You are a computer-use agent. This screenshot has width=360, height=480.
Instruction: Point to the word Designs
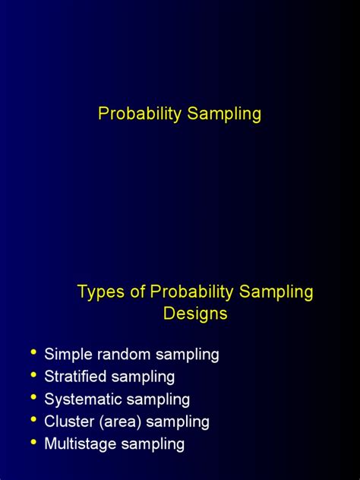pos(195,313)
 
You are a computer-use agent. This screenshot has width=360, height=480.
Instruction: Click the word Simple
pos(65,354)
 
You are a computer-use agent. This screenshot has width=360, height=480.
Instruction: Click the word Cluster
pos(68,421)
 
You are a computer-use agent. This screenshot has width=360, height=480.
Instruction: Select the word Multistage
pos(80,444)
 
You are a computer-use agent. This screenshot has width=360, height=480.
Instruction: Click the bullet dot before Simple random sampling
pos(33,353)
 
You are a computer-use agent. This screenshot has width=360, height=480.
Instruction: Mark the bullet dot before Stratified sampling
pos(33,375)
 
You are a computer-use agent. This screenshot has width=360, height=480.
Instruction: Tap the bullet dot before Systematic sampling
pos(33,398)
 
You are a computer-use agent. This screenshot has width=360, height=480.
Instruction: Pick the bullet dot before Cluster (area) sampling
pos(33,420)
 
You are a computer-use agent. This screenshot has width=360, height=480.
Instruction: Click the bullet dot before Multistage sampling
pos(33,443)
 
